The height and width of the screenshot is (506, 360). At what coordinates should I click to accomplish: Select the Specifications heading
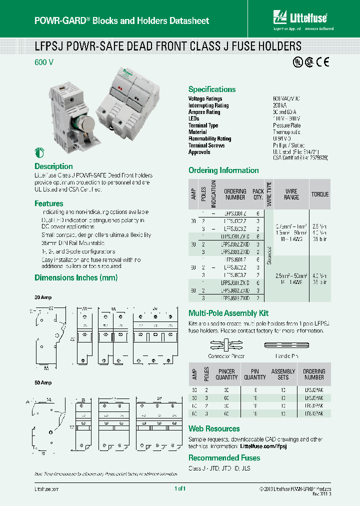pyautogui.click(x=211, y=89)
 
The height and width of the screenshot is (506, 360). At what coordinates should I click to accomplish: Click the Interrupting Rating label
pyautogui.click(x=208, y=105)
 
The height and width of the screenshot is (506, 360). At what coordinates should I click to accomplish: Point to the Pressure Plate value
pyautogui.click(x=286, y=125)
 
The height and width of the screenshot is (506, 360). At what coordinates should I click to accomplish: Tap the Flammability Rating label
pyautogui.click(x=209, y=139)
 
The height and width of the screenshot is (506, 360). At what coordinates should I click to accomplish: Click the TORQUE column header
pyautogui.click(x=320, y=194)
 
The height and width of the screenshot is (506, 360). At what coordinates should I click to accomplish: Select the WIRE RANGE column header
pyautogui.click(x=291, y=194)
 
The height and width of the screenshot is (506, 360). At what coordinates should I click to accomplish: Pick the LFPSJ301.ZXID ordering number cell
pyautogui.click(x=235, y=236)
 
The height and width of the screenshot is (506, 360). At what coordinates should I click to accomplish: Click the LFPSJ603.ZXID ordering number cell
pyautogui.click(x=235, y=298)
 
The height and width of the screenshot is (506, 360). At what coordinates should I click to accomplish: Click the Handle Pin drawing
pyautogui.click(x=288, y=345)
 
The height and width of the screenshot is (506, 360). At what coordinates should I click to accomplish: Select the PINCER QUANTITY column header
pyautogui.click(x=226, y=374)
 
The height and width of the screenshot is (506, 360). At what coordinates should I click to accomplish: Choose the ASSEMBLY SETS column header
pyautogui.click(x=283, y=374)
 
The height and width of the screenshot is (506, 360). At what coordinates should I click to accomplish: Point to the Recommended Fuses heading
pyautogui.click(x=224, y=458)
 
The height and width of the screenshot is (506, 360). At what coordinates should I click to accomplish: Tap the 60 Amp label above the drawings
pyautogui.click(x=43, y=382)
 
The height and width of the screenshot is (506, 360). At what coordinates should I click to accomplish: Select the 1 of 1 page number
pyautogui.click(x=180, y=488)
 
